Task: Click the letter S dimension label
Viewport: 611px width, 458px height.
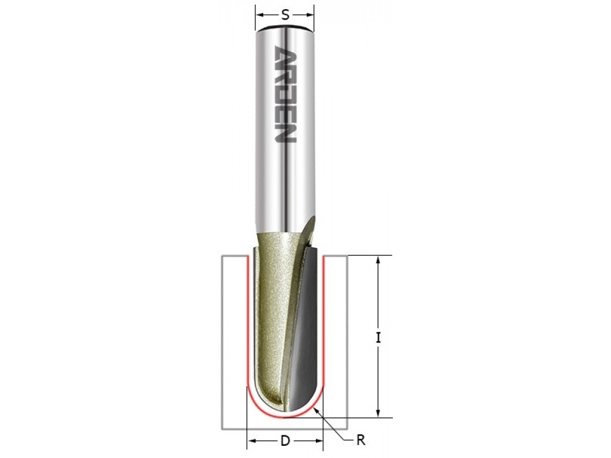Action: [x=285, y=15]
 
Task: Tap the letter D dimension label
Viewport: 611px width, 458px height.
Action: [x=285, y=441]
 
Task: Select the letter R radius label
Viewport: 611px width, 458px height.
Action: [x=360, y=440]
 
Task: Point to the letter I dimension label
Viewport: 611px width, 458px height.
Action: [x=378, y=337]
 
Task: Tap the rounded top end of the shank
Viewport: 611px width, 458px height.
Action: [x=285, y=28]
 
